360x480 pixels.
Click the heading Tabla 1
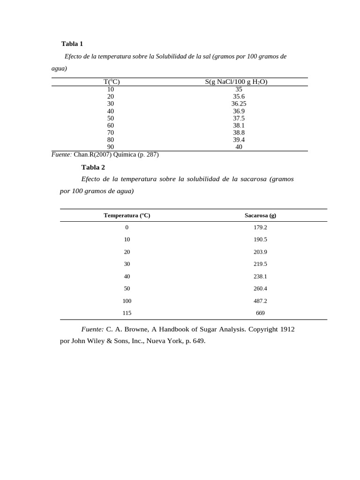pyautogui.click(x=72, y=44)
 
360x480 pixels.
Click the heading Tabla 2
pyautogui.click(x=93, y=167)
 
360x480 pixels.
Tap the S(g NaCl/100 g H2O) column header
pyautogui.click(x=236, y=82)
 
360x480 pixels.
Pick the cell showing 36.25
pyautogui.click(x=239, y=104)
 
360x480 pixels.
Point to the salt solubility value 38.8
pyautogui.click(x=239, y=133)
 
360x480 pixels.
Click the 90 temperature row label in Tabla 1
pyautogui.click(x=111, y=147)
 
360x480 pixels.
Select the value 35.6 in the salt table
pyautogui.click(x=239, y=97)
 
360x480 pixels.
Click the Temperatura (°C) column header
pyautogui.click(x=127, y=216)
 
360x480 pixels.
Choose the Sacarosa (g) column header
pyautogui.click(x=260, y=216)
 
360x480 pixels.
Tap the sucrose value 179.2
pyautogui.click(x=260, y=227)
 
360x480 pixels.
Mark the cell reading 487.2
pyautogui.click(x=260, y=301)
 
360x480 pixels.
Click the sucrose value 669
pyautogui.click(x=260, y=313)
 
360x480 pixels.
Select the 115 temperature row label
pyautogui.click(x=127, y=313)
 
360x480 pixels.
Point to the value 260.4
pyautogui.click(x=260, y=289)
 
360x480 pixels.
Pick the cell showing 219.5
pyautogui.click(x=260, y=264)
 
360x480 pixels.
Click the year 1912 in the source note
pyautogui.click(x=287, y=330)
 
